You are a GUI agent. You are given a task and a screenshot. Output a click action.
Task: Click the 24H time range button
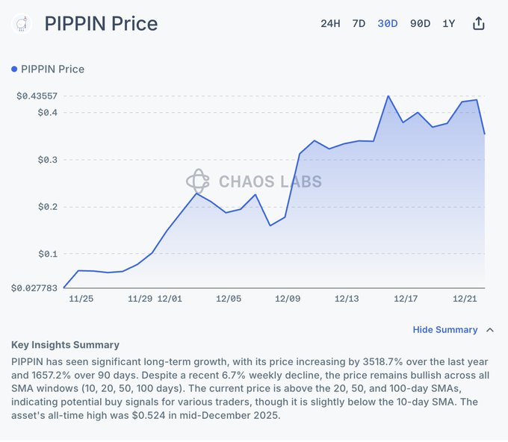(330, 23)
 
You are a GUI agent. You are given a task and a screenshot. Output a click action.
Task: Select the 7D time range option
(359, 23)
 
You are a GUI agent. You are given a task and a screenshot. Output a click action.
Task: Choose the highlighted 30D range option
(388, 23)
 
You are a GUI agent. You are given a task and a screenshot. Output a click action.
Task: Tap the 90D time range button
(420, 23)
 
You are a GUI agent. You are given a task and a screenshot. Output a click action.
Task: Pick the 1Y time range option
(448, 23)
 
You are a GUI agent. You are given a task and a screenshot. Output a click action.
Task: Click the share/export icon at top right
(479, 23)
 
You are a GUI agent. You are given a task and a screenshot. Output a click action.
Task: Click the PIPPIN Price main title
(101, 23)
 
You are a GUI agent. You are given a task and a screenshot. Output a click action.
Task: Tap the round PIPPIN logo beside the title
(22, 23)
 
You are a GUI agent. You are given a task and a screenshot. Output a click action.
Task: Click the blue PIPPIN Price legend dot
(14, 69)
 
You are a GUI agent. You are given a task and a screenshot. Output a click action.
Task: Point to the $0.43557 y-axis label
(37, 96)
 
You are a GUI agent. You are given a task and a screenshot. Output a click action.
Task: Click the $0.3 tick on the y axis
(47, 160)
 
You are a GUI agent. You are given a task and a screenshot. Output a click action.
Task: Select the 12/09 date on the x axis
(288, 299)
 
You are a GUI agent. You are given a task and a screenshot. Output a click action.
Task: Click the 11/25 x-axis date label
(81, 299)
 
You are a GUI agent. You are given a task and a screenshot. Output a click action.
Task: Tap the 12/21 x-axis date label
(465, 299)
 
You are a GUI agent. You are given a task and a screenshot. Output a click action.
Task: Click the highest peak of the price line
(388, 96)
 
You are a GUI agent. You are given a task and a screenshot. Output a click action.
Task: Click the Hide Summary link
(445, 329)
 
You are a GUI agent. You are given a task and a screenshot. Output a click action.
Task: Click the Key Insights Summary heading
(65, 345)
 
